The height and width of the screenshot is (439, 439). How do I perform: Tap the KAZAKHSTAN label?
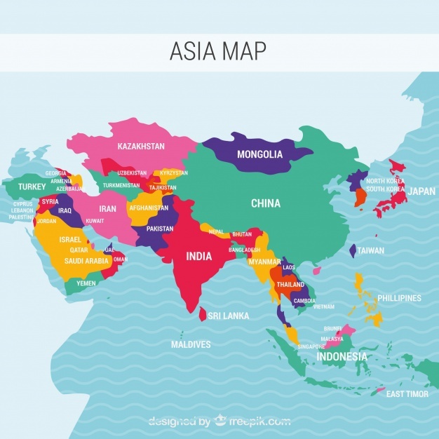[141, 147]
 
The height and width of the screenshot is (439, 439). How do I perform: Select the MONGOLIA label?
[259, 154]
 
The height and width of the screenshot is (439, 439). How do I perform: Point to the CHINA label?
[266, 203]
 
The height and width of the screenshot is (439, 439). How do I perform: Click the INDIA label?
[198, 256]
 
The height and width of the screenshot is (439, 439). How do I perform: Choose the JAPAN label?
[421, 191]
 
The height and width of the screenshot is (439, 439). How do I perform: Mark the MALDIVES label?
[191, 344]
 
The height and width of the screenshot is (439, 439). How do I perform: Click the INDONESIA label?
[342, 356]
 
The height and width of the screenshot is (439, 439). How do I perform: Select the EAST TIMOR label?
[407, 394]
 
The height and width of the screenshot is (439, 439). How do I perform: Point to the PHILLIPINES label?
[399, 298]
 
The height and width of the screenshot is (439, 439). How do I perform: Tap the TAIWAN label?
[370, 250]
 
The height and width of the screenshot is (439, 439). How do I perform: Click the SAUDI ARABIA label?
[86, 261]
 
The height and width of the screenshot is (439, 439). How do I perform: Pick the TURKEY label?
[32, 187]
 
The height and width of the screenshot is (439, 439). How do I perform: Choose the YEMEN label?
[86, 283]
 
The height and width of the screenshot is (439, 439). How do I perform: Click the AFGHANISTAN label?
[149, 208]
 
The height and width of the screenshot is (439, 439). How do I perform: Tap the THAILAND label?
[290, 285]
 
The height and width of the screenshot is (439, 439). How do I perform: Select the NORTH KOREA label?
[386, 181]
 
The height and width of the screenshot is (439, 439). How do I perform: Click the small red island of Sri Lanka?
[203, 316]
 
